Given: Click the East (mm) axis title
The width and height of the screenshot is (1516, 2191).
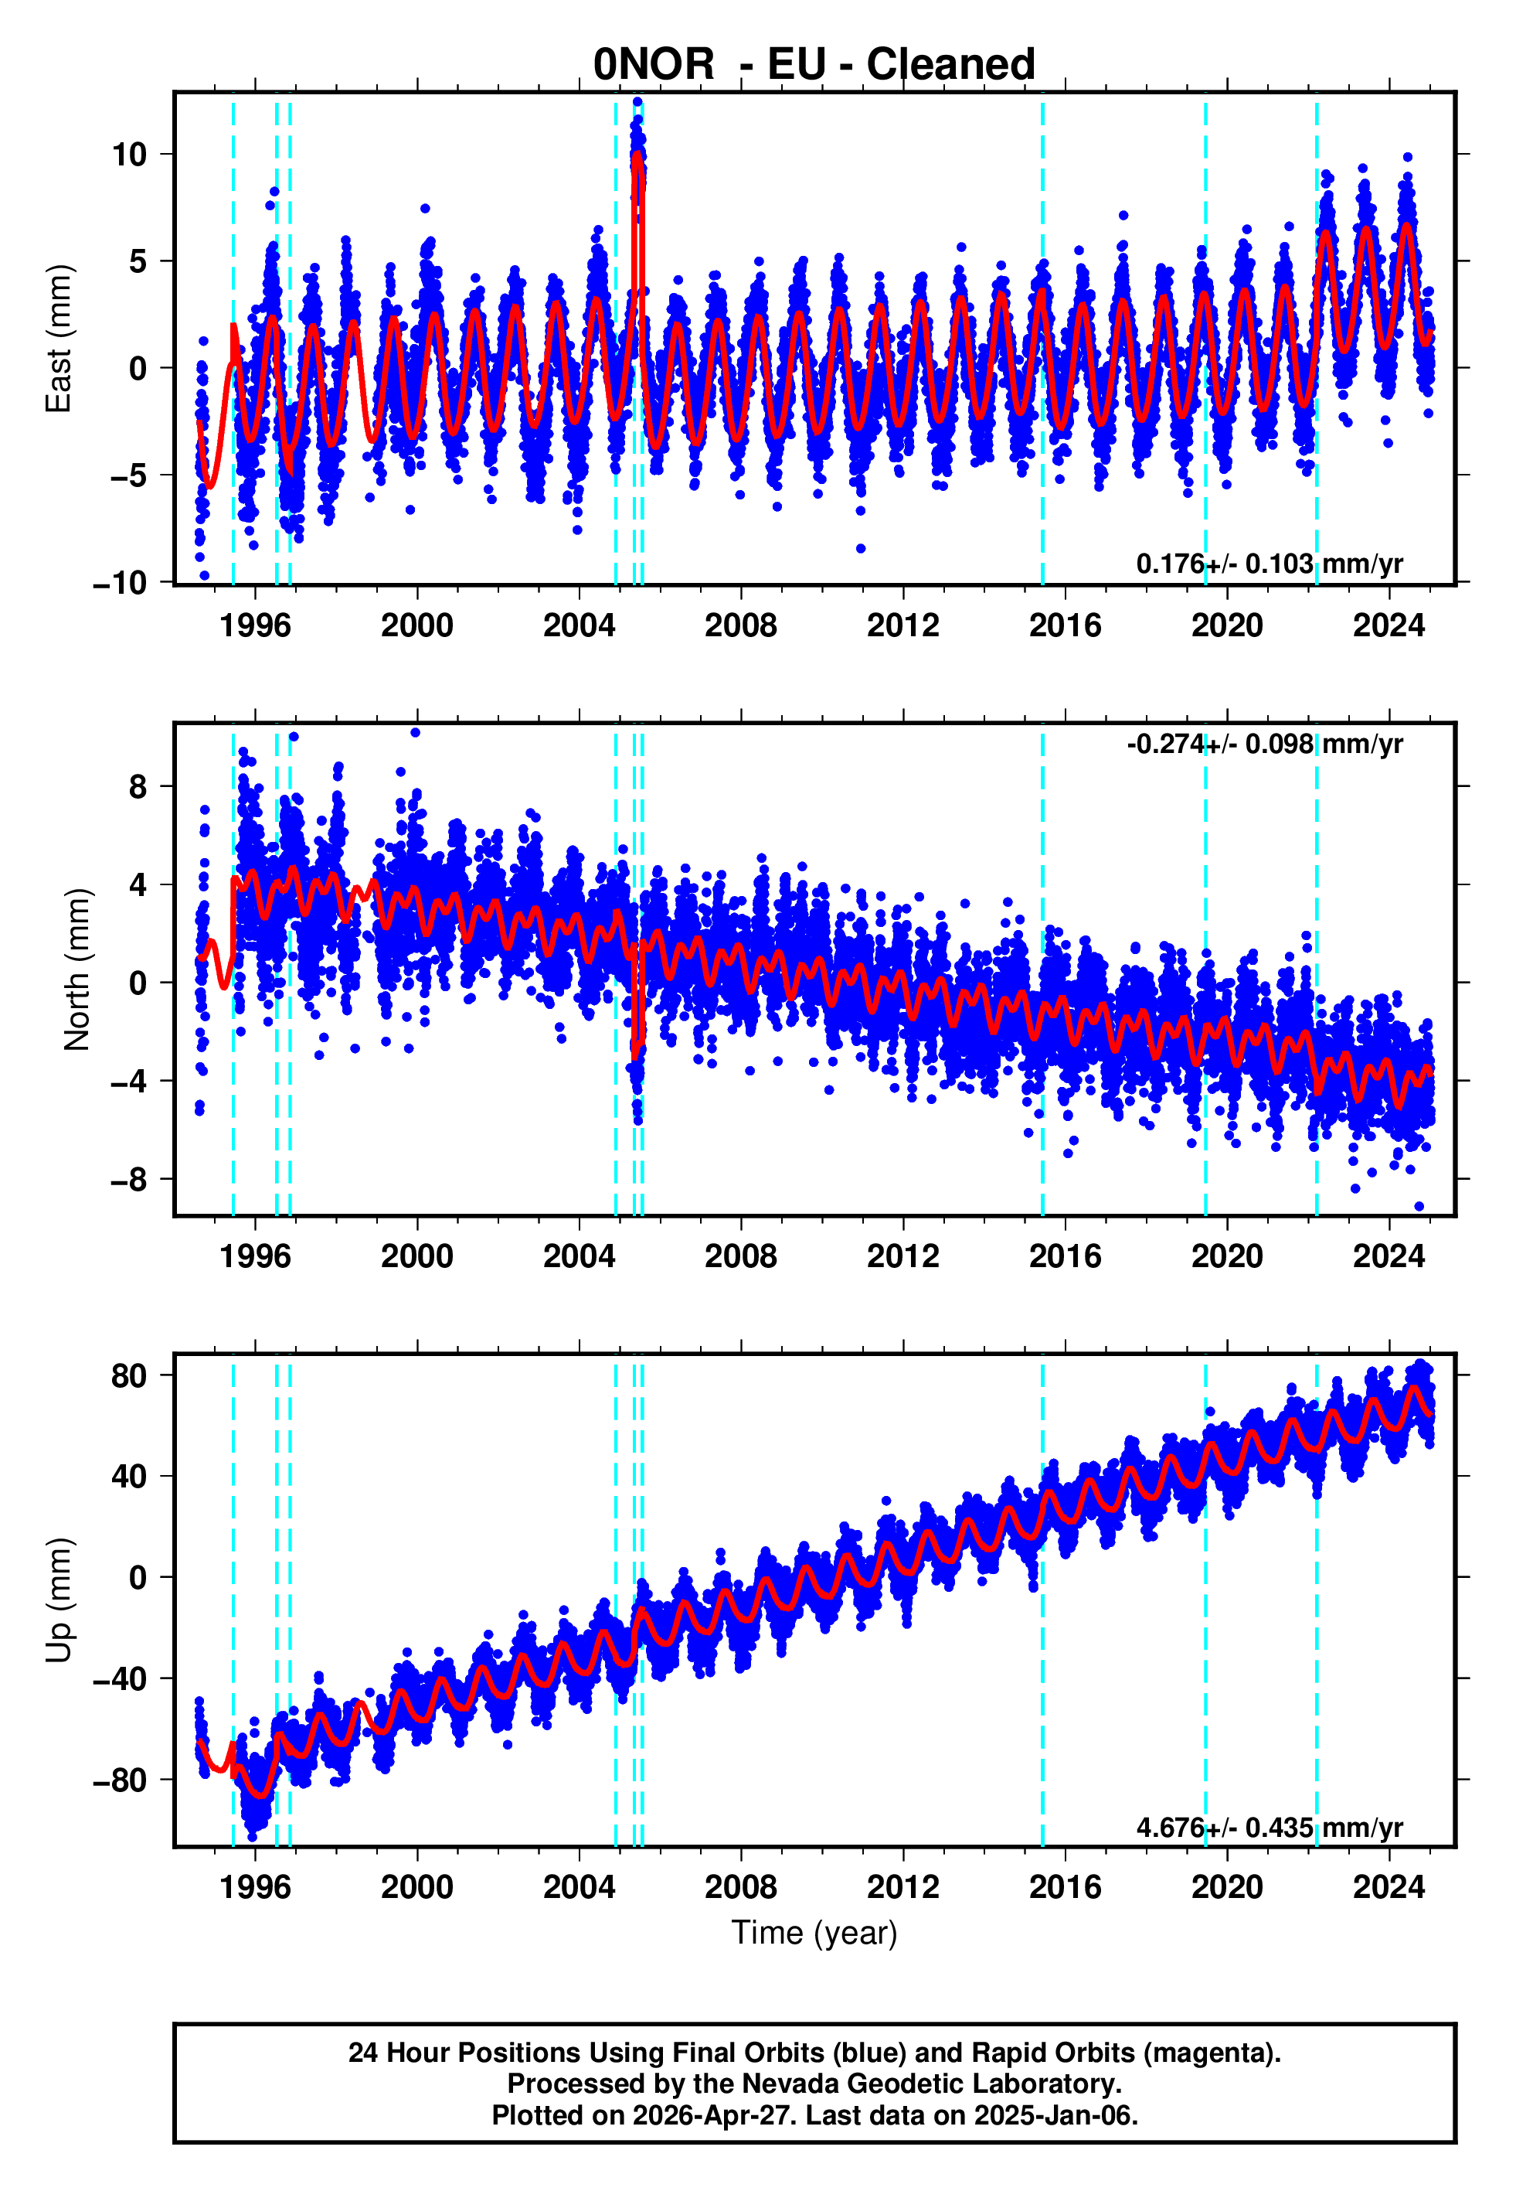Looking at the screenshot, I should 59,339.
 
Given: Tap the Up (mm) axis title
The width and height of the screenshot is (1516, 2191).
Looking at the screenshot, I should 59,1600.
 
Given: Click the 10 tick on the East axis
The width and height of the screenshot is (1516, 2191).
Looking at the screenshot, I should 129,154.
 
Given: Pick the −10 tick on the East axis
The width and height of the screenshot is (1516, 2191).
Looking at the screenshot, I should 120,582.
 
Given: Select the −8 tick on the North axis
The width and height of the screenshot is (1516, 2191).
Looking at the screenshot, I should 129,1179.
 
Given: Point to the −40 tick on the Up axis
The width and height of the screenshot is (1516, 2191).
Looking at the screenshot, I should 120,1678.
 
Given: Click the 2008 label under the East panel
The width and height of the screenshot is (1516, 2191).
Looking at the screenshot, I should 740,625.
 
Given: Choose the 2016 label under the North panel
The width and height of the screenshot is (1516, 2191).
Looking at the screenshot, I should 1065,1256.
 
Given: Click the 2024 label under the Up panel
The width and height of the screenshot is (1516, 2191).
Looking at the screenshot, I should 1389,1887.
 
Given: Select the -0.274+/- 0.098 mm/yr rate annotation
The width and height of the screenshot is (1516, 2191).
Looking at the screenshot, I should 1264,744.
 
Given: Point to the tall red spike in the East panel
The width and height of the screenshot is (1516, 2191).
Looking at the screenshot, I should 638,190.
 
